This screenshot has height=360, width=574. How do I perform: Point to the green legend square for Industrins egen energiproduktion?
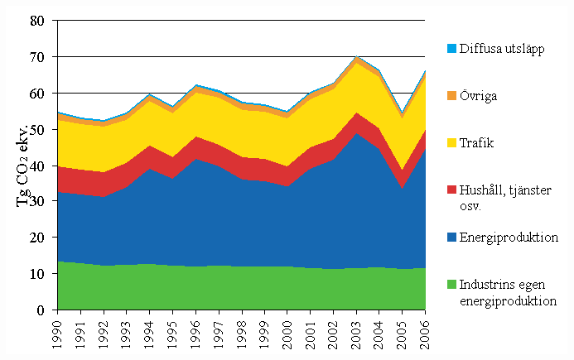pyautogui.click(x=442, y=286)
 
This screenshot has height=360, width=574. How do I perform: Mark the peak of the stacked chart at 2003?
pyautogui.click(x=357, y=57)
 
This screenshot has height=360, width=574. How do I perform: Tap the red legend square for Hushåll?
pyautogui.click(x=442, y=191)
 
